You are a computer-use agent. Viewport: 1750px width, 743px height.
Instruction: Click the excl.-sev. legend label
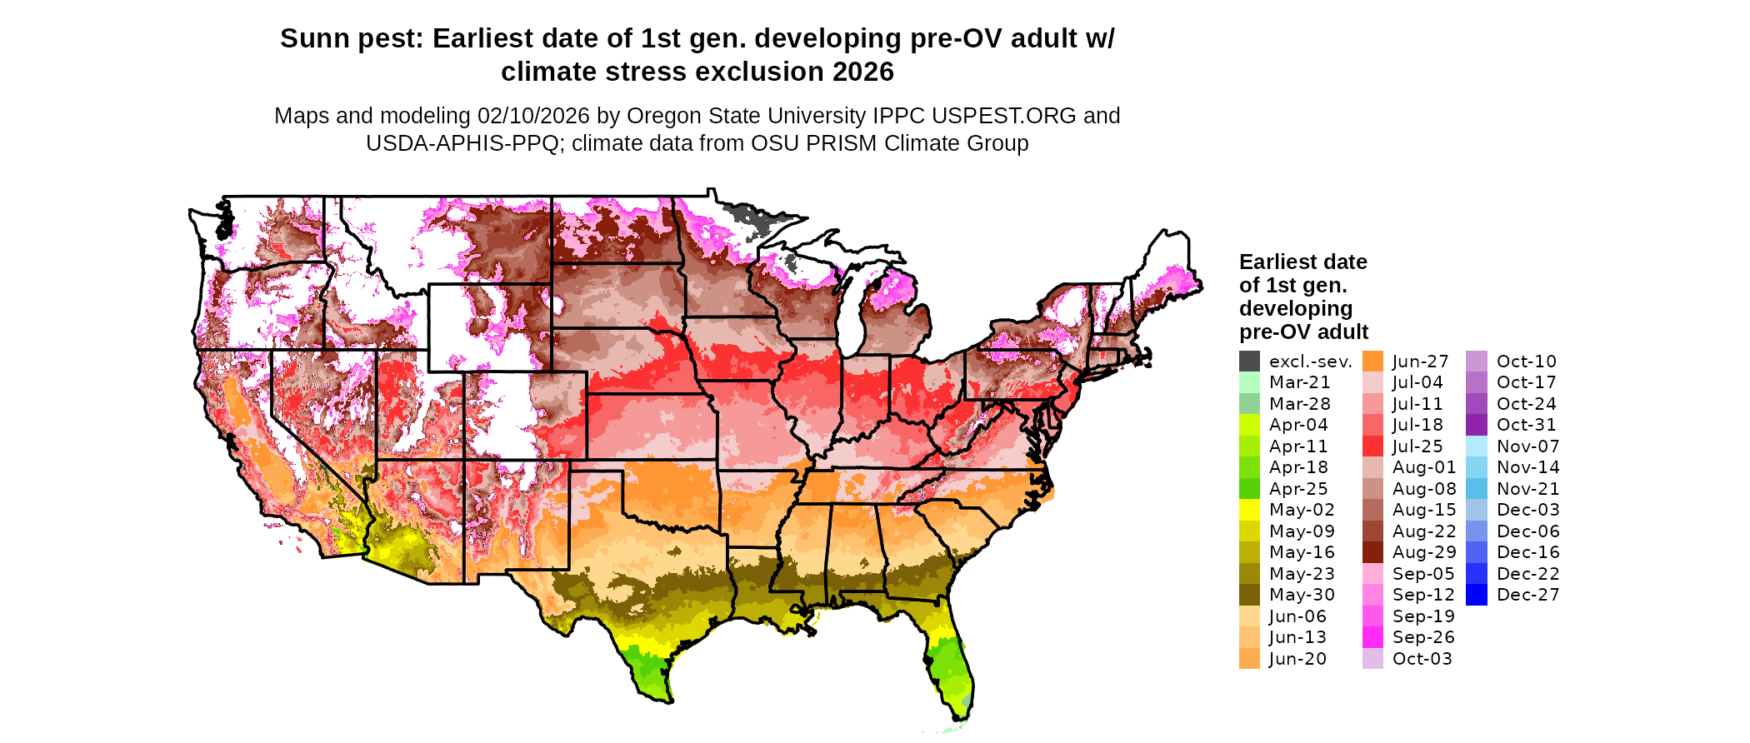coord(1310,362)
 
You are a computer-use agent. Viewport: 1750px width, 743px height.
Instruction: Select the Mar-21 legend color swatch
coord(1249,382)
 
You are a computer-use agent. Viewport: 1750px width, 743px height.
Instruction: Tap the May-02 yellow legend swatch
coord(1249,510)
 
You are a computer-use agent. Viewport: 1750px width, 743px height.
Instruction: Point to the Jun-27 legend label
coord(1420,362)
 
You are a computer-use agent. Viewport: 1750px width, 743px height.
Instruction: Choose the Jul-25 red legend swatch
coord(1372,446)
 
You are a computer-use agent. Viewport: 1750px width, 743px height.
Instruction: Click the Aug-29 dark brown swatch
coord(1372,552)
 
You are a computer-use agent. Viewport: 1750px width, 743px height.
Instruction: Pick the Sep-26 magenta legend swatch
coord(1372,637)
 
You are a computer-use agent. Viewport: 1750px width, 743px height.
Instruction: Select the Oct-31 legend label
coord(1526,425)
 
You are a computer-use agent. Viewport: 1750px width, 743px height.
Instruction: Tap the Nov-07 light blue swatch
coord(1477,446)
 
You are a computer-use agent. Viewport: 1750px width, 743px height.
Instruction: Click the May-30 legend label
coord(1302,595)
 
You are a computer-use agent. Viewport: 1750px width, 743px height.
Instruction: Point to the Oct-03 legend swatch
coord(1372,659)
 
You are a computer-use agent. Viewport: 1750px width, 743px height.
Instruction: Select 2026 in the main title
coord(862,72)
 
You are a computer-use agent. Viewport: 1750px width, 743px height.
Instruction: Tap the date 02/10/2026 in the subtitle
coord(532,116)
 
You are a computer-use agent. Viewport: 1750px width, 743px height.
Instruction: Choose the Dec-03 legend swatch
coord(1477,510)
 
